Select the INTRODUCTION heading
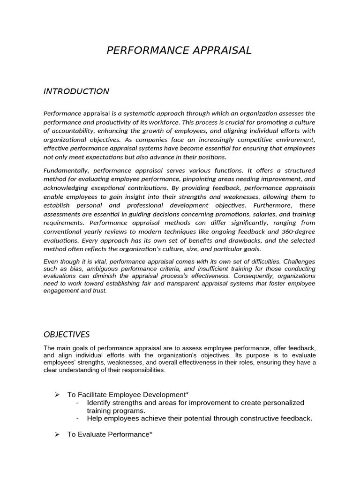76,91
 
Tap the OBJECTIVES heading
67,334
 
